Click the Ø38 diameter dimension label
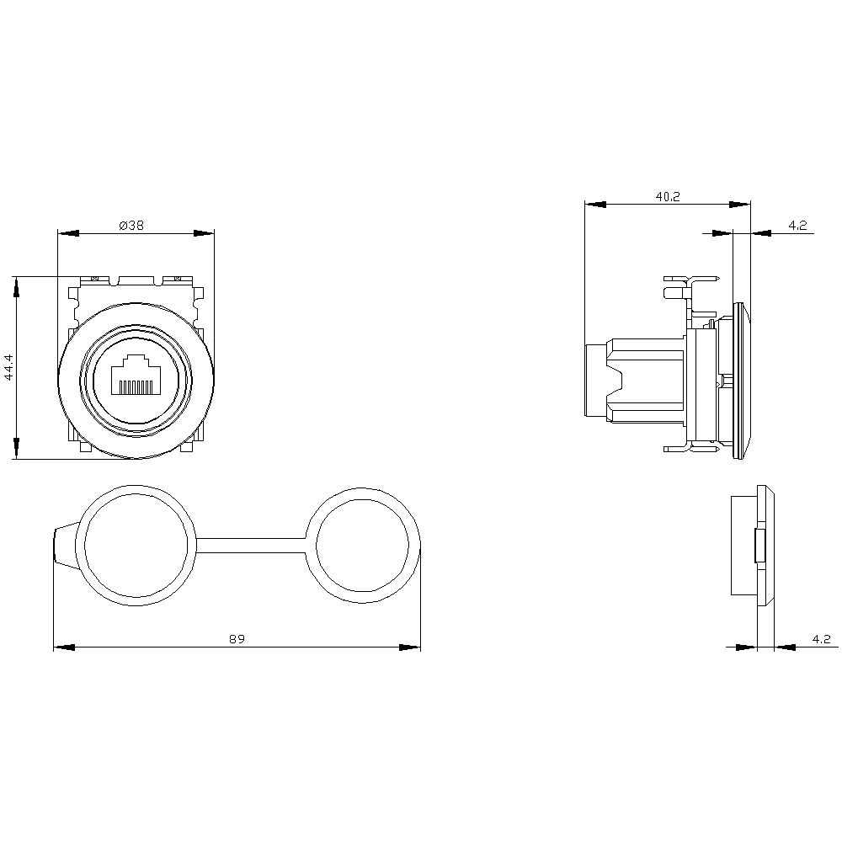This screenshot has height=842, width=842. (132, 225)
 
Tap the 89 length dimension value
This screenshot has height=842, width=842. (237, 639)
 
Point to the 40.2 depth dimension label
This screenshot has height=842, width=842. (667, 196)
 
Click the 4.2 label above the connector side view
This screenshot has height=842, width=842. (797, 225)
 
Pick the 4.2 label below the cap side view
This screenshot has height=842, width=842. (821, 639)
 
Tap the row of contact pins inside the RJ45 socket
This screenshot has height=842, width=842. (135, 386)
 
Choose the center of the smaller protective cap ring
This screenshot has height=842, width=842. (363, 546)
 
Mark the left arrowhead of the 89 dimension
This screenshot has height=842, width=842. (64, 647)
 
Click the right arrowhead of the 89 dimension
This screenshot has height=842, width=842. (410, 647)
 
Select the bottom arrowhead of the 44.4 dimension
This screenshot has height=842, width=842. (16, 449)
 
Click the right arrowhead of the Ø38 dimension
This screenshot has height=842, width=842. (204, 233)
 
